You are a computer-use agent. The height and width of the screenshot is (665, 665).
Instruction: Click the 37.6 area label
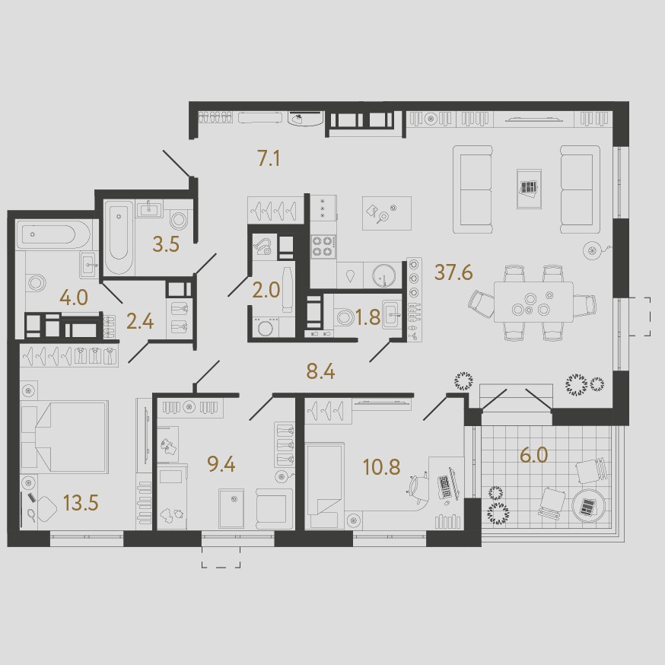(453, 272)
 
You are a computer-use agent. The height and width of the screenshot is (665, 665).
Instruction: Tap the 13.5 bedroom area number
(81, 503)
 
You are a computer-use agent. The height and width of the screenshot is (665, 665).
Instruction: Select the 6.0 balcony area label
(534, 455)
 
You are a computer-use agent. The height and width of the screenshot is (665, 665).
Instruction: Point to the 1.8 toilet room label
(367, 317)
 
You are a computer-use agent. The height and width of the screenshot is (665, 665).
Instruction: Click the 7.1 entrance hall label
(269, 159)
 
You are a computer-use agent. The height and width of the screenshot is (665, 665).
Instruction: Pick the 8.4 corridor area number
(320, 372)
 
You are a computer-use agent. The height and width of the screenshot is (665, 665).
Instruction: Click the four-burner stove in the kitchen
(323, 247)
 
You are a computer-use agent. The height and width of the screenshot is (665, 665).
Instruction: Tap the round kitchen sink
(383, 275)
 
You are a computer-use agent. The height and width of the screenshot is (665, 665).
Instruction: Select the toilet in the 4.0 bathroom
(36, 283)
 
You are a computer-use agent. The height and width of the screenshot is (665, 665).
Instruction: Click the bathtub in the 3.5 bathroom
(119, 237)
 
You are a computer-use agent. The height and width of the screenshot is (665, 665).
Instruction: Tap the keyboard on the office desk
(444, 486)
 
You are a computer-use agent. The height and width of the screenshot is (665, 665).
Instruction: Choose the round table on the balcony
(588, 505)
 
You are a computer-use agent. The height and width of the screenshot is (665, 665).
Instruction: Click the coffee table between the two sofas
(529, 189)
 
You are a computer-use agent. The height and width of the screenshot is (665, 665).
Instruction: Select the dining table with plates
(533, 302)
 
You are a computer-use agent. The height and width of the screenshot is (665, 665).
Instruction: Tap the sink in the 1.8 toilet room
(392, 315)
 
